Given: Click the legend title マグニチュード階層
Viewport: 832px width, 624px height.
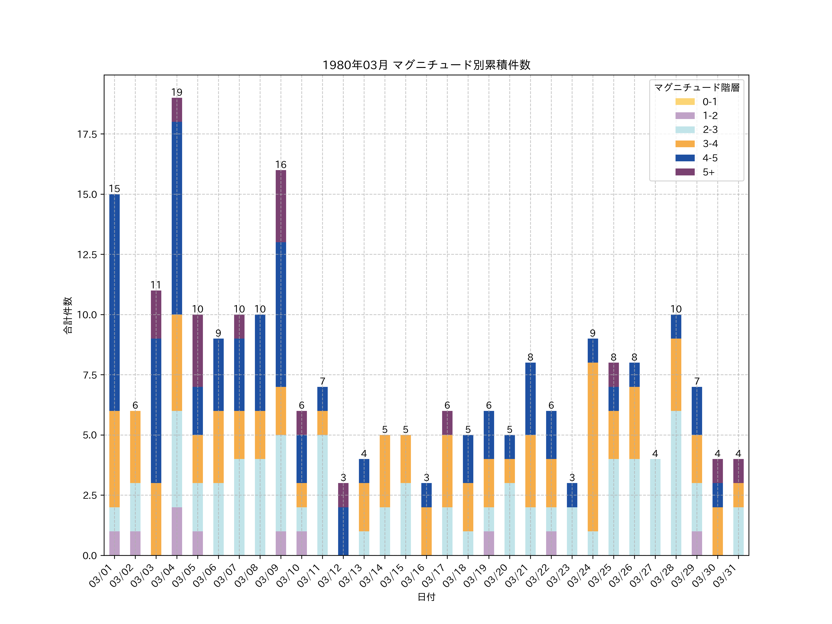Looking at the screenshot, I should pyautogui.click(x=697, y=88).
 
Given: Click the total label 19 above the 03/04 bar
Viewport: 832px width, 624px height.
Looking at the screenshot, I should pyautogui.click(x=177, y=92).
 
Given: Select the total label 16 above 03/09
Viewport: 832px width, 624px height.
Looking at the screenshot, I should pyautogui.click(x=281, y=165).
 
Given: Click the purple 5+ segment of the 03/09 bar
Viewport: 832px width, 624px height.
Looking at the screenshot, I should pyautogui.click(x=281, y=206).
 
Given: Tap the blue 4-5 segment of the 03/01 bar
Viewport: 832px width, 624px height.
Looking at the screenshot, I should pyautogui.click(x=114, y=302).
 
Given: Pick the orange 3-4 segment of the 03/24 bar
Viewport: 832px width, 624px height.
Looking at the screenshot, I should pyautogui.click(x=593, y=447).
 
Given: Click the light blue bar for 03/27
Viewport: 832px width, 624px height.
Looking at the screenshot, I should pyautogui.click(x=655, y=507).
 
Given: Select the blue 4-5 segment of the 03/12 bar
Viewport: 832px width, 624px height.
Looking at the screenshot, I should pyautogui.click(x=343, y=531).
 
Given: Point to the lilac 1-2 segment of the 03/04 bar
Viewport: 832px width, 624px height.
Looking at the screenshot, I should pyautogui.click(x=177, y=531).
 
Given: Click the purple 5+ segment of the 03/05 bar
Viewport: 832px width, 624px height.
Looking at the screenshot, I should pyautogui.click(x=197, y=351).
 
